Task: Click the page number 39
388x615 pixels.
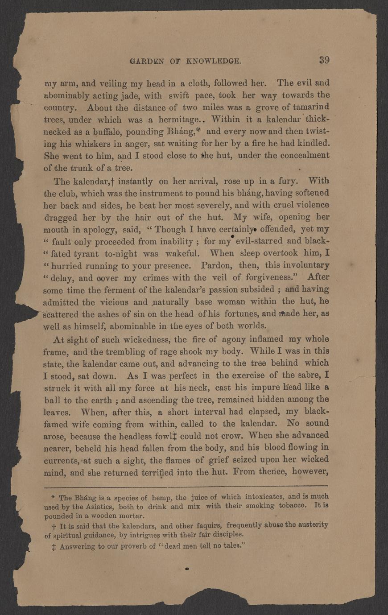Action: coord(324,61)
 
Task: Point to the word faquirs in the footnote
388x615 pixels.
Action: coord(211,525)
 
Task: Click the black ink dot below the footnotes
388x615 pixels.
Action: coord(187,569)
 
